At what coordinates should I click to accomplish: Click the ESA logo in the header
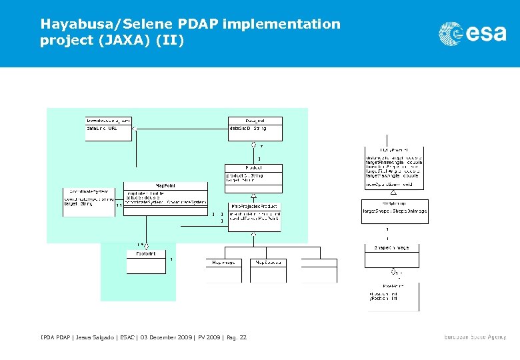[x=472, y=33]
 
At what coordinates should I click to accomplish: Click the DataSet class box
[x=255, y=129]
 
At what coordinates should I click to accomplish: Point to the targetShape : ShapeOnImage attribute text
[x=395, y=211]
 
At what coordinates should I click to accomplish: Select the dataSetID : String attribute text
[x=248, y=127]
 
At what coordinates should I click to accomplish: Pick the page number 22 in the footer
[x=243, y=337]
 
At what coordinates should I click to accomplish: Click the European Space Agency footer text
[x=475, y=337]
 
